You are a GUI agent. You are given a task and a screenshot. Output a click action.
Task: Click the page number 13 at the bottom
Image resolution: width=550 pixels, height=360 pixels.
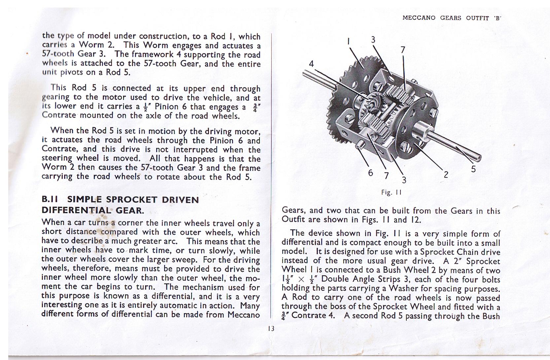(271, 328)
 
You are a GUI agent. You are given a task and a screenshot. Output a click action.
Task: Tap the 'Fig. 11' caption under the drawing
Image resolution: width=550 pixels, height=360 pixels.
(391, 192)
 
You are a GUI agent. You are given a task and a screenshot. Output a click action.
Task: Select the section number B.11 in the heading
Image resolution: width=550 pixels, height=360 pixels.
(50, 200)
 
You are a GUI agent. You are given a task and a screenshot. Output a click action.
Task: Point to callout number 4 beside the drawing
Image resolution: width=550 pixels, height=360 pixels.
(311, 64)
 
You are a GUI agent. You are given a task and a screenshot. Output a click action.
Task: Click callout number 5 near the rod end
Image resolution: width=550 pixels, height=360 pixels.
(473, 169)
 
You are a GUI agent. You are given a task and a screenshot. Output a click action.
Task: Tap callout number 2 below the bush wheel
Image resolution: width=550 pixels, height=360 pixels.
(446, 175)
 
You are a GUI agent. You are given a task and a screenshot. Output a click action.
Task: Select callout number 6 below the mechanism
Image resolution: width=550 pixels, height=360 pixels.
(370, 173)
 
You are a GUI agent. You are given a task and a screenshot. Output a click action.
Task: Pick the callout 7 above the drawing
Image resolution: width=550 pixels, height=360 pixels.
(402, 50)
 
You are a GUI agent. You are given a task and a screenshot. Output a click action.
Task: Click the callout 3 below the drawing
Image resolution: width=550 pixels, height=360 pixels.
(404, 180)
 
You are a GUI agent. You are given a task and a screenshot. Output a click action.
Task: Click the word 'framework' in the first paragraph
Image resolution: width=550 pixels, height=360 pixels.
(145, 54)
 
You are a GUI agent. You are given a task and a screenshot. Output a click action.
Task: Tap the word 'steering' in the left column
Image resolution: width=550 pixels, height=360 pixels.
(56, 159)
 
